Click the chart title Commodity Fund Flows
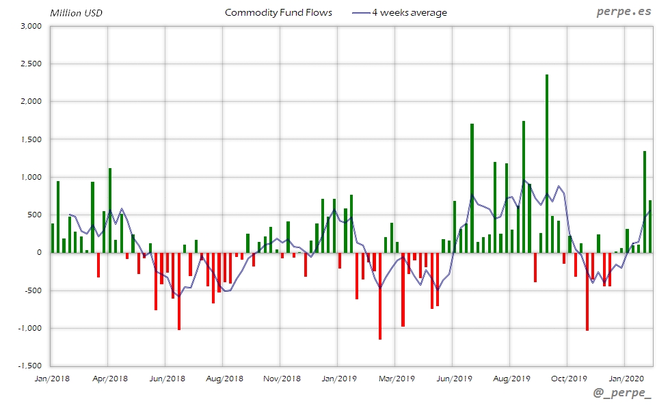(x=278, y=13)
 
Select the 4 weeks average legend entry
(x=409, y=13)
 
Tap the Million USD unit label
(x=75, y=13)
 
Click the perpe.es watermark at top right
(x=624, y=12)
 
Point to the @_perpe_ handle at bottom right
(x=623, y=394)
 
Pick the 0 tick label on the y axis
(x=40, y=253)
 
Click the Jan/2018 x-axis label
(x=51, y=377)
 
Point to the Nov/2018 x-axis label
(x=282, y=377)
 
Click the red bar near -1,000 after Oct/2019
(x=587, y=291)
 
